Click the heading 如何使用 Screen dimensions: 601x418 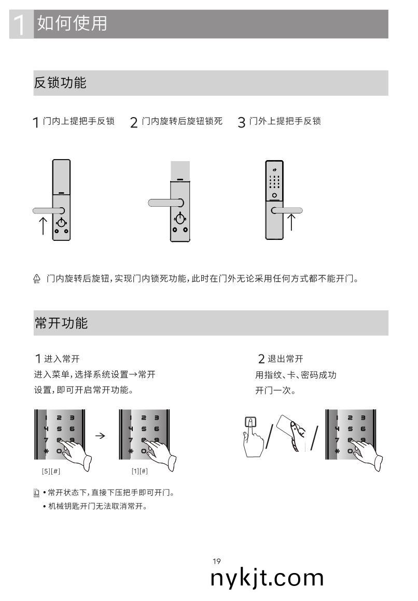[x=72, y=23]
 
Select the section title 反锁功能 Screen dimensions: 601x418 [x=60, y=83]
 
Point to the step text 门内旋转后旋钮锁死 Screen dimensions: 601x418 [x=182, y=121]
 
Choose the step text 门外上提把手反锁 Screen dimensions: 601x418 [x=285, y=121]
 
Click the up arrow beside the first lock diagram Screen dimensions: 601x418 [x=43, y=225]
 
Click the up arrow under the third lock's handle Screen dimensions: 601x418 [x=291, y=222]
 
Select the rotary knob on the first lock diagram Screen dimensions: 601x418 [x=61, y=223]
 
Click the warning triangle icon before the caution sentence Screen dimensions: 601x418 [x=37, y=279]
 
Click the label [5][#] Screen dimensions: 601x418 [x=51, y=471]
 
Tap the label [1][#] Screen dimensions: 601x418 [x=140, y=471]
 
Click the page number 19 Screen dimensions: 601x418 [x=217, y=561]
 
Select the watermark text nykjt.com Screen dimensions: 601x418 [x=267, y=578]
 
